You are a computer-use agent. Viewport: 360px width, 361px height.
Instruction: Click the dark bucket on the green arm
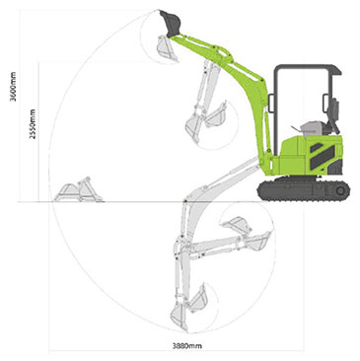coord(172,21)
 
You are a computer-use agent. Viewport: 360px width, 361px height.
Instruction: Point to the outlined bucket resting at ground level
coord(77,191)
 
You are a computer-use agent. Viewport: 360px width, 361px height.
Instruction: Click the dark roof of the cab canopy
coord(309,69)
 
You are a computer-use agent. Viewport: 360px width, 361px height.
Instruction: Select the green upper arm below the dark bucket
coord(203,48)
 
